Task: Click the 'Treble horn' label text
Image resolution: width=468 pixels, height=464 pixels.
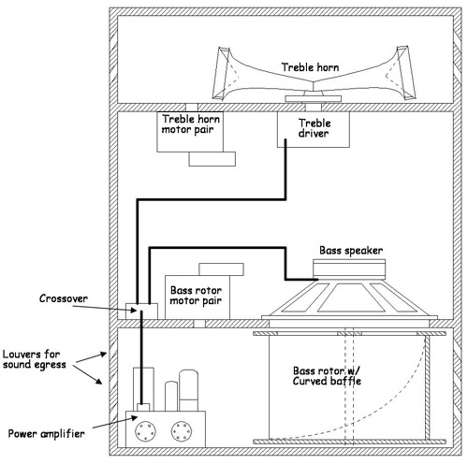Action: (310, 67)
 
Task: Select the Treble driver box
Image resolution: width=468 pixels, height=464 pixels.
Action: (314, 129)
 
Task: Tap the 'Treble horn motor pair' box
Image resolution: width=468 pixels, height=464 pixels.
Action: (190, 132)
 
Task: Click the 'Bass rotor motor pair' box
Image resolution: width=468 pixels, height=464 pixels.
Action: (197, 297)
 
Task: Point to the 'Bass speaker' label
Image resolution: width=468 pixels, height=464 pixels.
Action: (351, 251)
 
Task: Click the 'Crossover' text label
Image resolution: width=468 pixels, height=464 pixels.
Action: (64, 298)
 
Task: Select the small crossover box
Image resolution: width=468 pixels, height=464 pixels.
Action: (141, 311)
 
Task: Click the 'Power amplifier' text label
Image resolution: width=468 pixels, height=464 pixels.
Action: (46, 433)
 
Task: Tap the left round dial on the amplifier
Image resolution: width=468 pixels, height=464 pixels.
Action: (145, 431)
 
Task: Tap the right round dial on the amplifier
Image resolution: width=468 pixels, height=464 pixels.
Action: (182, 431)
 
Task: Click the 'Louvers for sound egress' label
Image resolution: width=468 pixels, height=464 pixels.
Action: (35, 359)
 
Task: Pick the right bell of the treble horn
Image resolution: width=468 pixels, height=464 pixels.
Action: (402, 73)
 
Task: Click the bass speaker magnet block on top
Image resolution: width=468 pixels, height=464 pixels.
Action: (349, 269)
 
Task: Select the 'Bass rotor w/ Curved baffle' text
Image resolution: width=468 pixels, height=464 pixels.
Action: (327, 376)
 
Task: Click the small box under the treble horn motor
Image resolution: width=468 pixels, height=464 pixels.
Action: (212, 159)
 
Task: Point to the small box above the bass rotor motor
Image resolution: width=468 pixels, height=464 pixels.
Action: (221, 269)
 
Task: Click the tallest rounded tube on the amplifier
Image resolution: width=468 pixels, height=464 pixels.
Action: (189, 390)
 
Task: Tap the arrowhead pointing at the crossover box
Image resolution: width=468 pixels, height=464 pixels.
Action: (133, 310)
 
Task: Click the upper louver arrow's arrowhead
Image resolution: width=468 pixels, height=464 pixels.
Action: (103, 355)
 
